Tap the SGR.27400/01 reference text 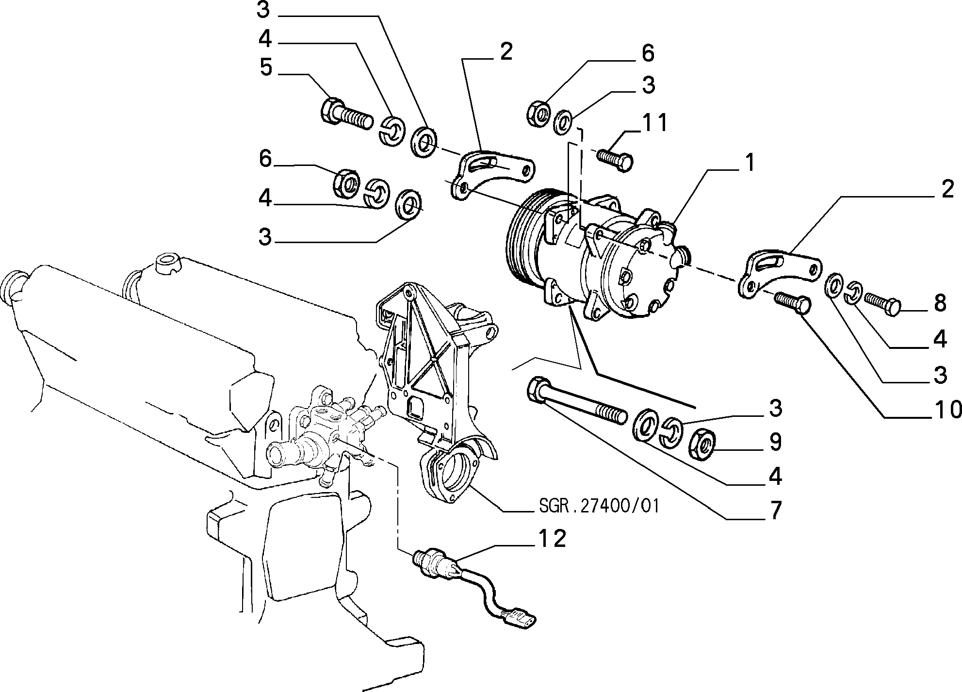(599, 507)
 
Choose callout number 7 (776, 511)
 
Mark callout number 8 (940, 303)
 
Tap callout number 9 (775, 442)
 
